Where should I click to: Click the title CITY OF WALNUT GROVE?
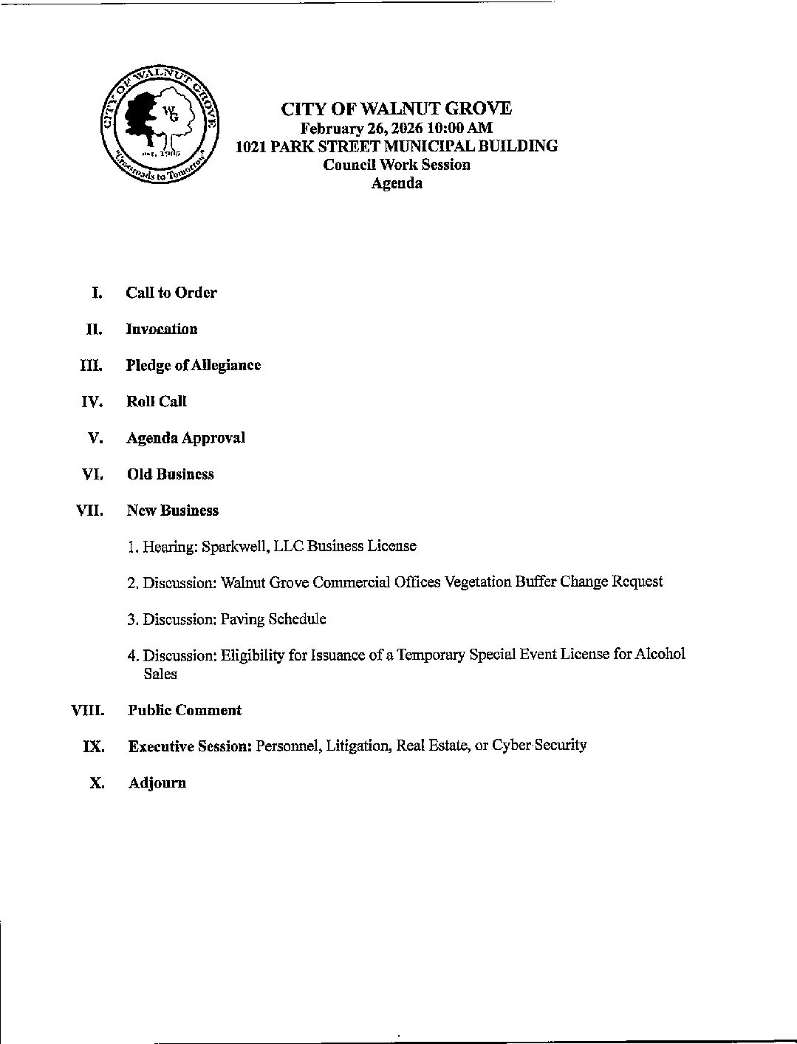tap(396, 109)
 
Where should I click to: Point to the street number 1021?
tap(250, 146)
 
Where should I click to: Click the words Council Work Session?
tap(397, 165)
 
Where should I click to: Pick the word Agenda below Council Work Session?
tap(397, 183)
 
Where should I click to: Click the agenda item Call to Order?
tap(171, 293)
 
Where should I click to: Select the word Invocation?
tap(162, 329)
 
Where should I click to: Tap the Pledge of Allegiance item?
tap(194, 365)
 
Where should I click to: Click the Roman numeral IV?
tap(92, 402)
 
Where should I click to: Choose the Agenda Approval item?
tap(185, 438)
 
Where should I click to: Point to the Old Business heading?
tap(171, 474)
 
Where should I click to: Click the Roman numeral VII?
tap(90, 511)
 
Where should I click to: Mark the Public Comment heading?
tap(185, 711)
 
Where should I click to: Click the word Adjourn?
tap(157, 783)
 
